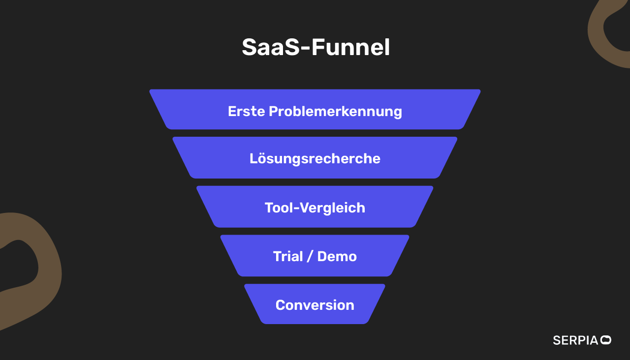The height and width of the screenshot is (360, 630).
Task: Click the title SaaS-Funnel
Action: tap(315, 48)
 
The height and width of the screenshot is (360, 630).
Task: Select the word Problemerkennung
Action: tap(335, 111)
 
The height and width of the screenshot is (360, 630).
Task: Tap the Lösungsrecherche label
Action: tap(315, 159)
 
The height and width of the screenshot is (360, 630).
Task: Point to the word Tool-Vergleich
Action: tap(315, 208)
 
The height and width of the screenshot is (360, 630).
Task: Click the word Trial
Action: tap(288, 256)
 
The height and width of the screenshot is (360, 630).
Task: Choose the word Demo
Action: tap(337, 256)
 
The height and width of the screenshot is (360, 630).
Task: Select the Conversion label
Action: tap(315, 305)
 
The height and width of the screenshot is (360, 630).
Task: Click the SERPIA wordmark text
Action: tap(575, 340)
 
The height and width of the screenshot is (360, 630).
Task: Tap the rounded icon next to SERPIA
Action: tap(606, 340)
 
